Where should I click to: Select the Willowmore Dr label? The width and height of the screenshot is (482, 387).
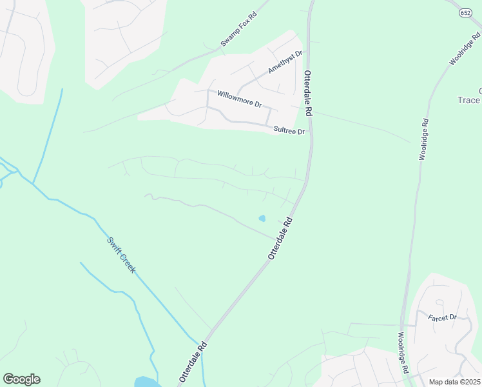pyautogui.click(x=239, y=99)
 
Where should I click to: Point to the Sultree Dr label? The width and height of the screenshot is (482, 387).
pyautogui.click(x=288, y=130)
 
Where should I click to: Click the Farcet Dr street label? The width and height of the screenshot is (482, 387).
pyautogui.click(x=442, y=317)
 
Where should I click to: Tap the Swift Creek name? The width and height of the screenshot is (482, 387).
pyautogui.click(x=121, y=255)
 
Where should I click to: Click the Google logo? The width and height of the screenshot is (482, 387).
pyautogui.click(x=21, y=379)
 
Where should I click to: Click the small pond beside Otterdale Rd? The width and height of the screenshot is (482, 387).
pyautogui.click(x=262, y=218)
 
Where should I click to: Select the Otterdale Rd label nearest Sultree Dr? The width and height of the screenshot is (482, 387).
pyautogui.click(x=308, y=93)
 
